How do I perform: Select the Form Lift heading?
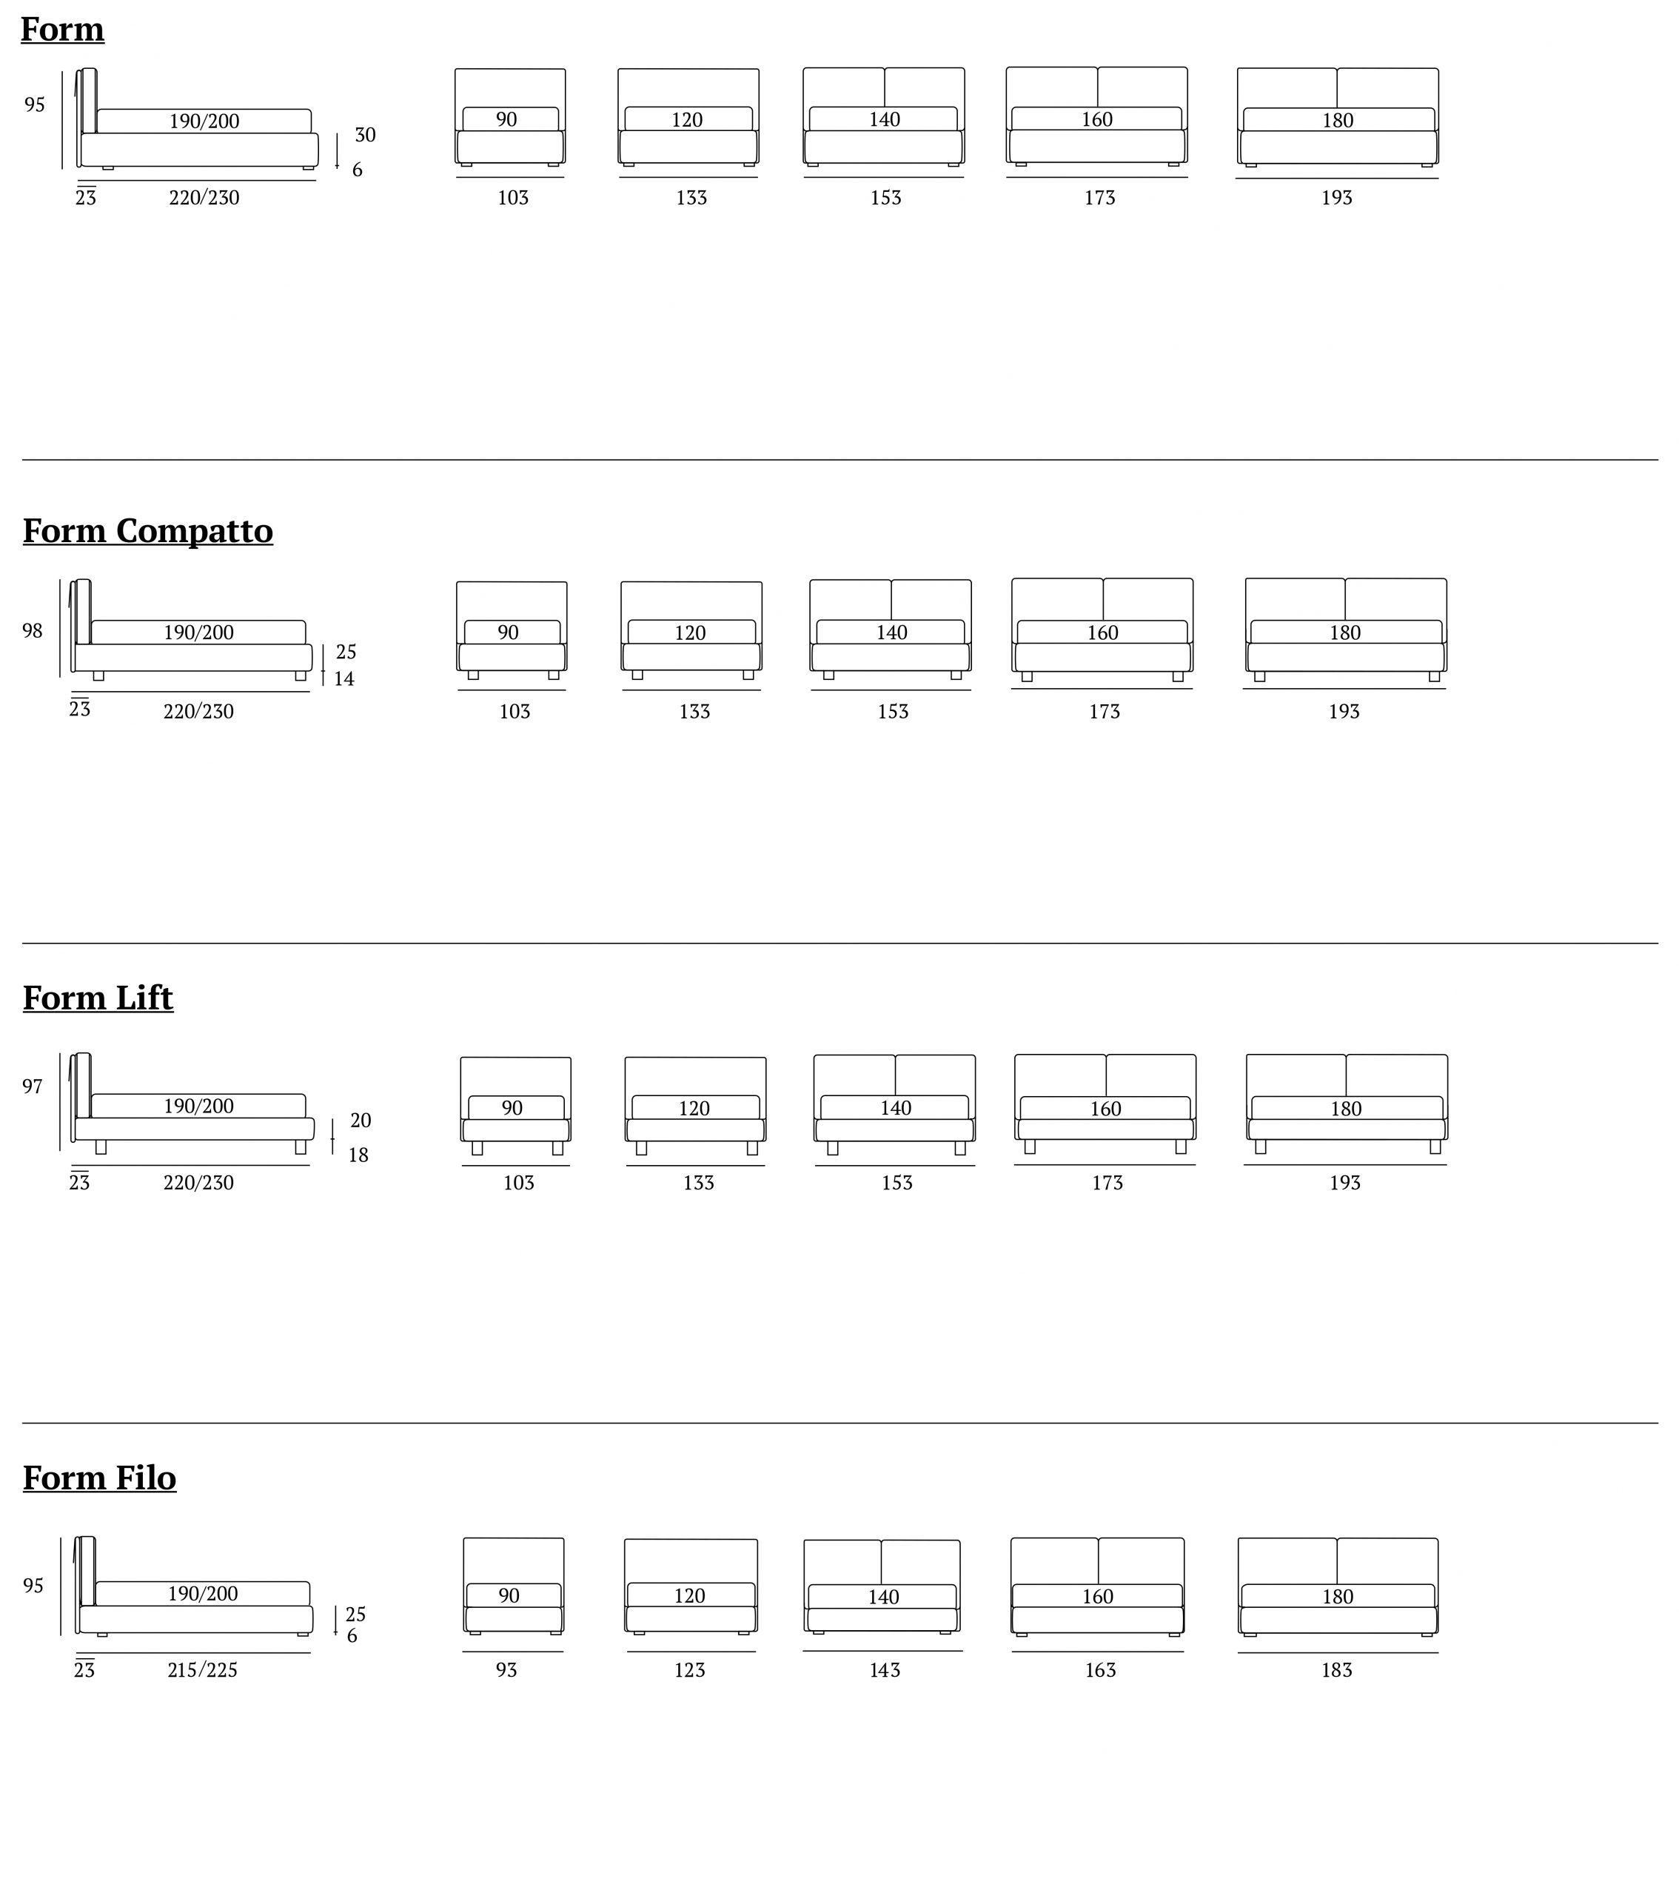pyautogui.click(x=98, y=998)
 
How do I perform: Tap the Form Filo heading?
pyautogui.click(x=100, y=1478)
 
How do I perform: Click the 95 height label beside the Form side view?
pyautogui.click(x=34, y=105)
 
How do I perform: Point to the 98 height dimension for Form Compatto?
pyautogui.click(x=33, y=631)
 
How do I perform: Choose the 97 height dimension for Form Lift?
pyautogui.click(x=33, y=1086)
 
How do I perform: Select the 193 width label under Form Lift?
pyautogui.click(x=1344, y=1183)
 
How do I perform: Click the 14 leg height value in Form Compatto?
pyautogui.click(x=344, y=679)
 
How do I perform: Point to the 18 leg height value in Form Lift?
pyautogui.click(x=358, y=1155)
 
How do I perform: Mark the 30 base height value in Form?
pyautogui.click(x=365, y=135)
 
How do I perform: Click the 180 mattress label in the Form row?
pyautogui.click(x=1338, y=121)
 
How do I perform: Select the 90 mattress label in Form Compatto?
pyautogui.click(x=508, y=632)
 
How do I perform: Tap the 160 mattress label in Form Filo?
pyautogui.click(x=1098, y=1596)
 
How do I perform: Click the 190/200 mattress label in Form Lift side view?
pyautogui.click(x=198, y=1106)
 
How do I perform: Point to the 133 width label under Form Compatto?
pyautogui.click(x=694, y=712)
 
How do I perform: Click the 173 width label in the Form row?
pyautogui.click(x=1099, y=198)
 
